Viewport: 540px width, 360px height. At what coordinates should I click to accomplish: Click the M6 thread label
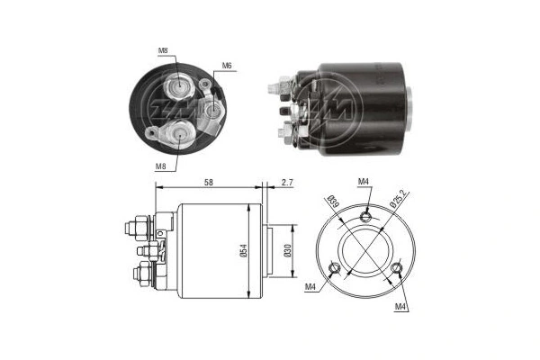(228, 66)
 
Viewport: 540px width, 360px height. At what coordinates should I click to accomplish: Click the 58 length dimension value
(209, 183)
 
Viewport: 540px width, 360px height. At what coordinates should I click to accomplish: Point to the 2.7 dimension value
(286, 183)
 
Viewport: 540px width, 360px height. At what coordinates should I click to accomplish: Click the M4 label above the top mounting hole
(364, 183)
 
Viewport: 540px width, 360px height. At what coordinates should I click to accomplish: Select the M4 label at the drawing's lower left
(310, 289)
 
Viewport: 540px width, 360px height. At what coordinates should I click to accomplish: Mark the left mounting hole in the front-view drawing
(335, 267)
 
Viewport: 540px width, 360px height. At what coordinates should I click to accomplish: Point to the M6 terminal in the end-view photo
(214, 110)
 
